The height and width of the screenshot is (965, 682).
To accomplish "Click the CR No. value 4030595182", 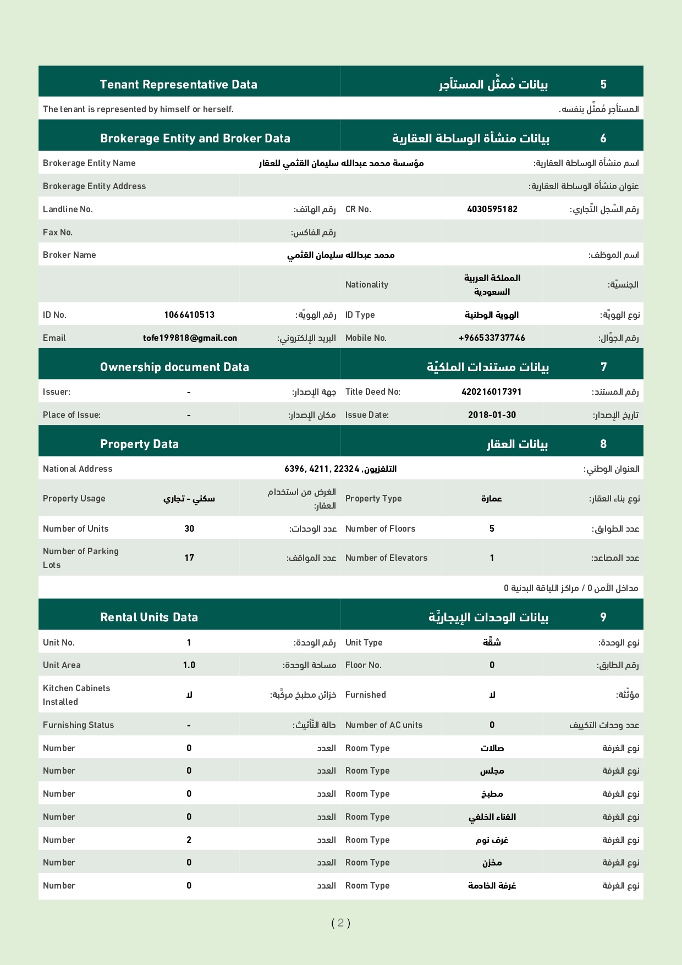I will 492,209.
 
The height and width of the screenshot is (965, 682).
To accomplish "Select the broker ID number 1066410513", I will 189,315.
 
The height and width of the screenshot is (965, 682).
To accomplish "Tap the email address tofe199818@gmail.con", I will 190,338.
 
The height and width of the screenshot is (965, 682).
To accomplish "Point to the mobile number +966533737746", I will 492,338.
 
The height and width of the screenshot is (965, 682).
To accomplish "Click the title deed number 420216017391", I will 492,391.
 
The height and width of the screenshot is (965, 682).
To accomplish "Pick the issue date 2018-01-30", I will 492,415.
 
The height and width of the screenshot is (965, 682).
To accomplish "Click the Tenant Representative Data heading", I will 178,84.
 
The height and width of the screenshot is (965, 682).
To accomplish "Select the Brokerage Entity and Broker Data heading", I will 195,138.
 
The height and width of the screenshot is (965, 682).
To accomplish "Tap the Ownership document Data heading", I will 174,367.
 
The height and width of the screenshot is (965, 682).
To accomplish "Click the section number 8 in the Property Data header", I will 603,444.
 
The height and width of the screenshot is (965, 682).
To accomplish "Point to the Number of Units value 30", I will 189,528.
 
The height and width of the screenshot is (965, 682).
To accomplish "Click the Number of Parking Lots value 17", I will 189,558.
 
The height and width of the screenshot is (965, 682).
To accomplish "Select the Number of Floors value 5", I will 492,528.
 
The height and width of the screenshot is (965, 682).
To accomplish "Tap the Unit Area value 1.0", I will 189,665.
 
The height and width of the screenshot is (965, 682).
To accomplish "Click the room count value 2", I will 189,840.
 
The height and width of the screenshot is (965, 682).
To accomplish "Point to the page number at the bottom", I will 340,923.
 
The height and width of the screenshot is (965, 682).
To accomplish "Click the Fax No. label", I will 58,232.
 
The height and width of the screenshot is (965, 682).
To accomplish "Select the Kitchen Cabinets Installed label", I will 76,694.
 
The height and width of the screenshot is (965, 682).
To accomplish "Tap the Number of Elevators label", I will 386,558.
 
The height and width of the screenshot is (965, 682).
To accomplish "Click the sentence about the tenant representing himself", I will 138,109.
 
